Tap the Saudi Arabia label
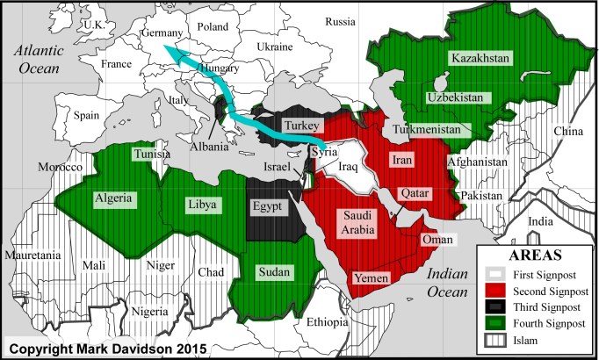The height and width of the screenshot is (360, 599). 356,223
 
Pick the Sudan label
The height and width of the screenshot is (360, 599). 275,273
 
